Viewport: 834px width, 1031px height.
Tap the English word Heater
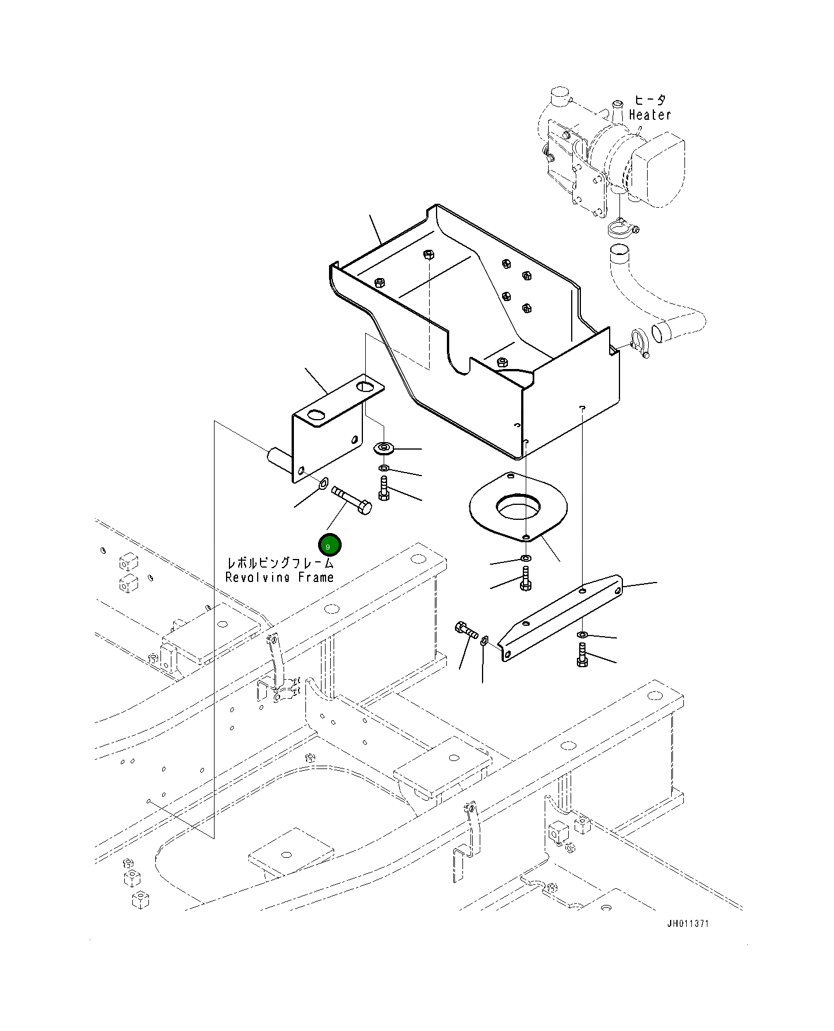pos(650,115)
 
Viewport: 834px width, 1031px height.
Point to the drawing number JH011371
pos(688,924)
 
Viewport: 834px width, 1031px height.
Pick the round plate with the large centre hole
pos(518,507)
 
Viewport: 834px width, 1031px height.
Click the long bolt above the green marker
pos(352,499)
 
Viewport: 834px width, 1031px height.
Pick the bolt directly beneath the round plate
pos(525,579)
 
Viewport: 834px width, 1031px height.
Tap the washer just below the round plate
pos(525,558)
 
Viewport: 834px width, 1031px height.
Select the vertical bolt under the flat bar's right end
pos(581,656)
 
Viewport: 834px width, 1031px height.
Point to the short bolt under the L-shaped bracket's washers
pos(384,488)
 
